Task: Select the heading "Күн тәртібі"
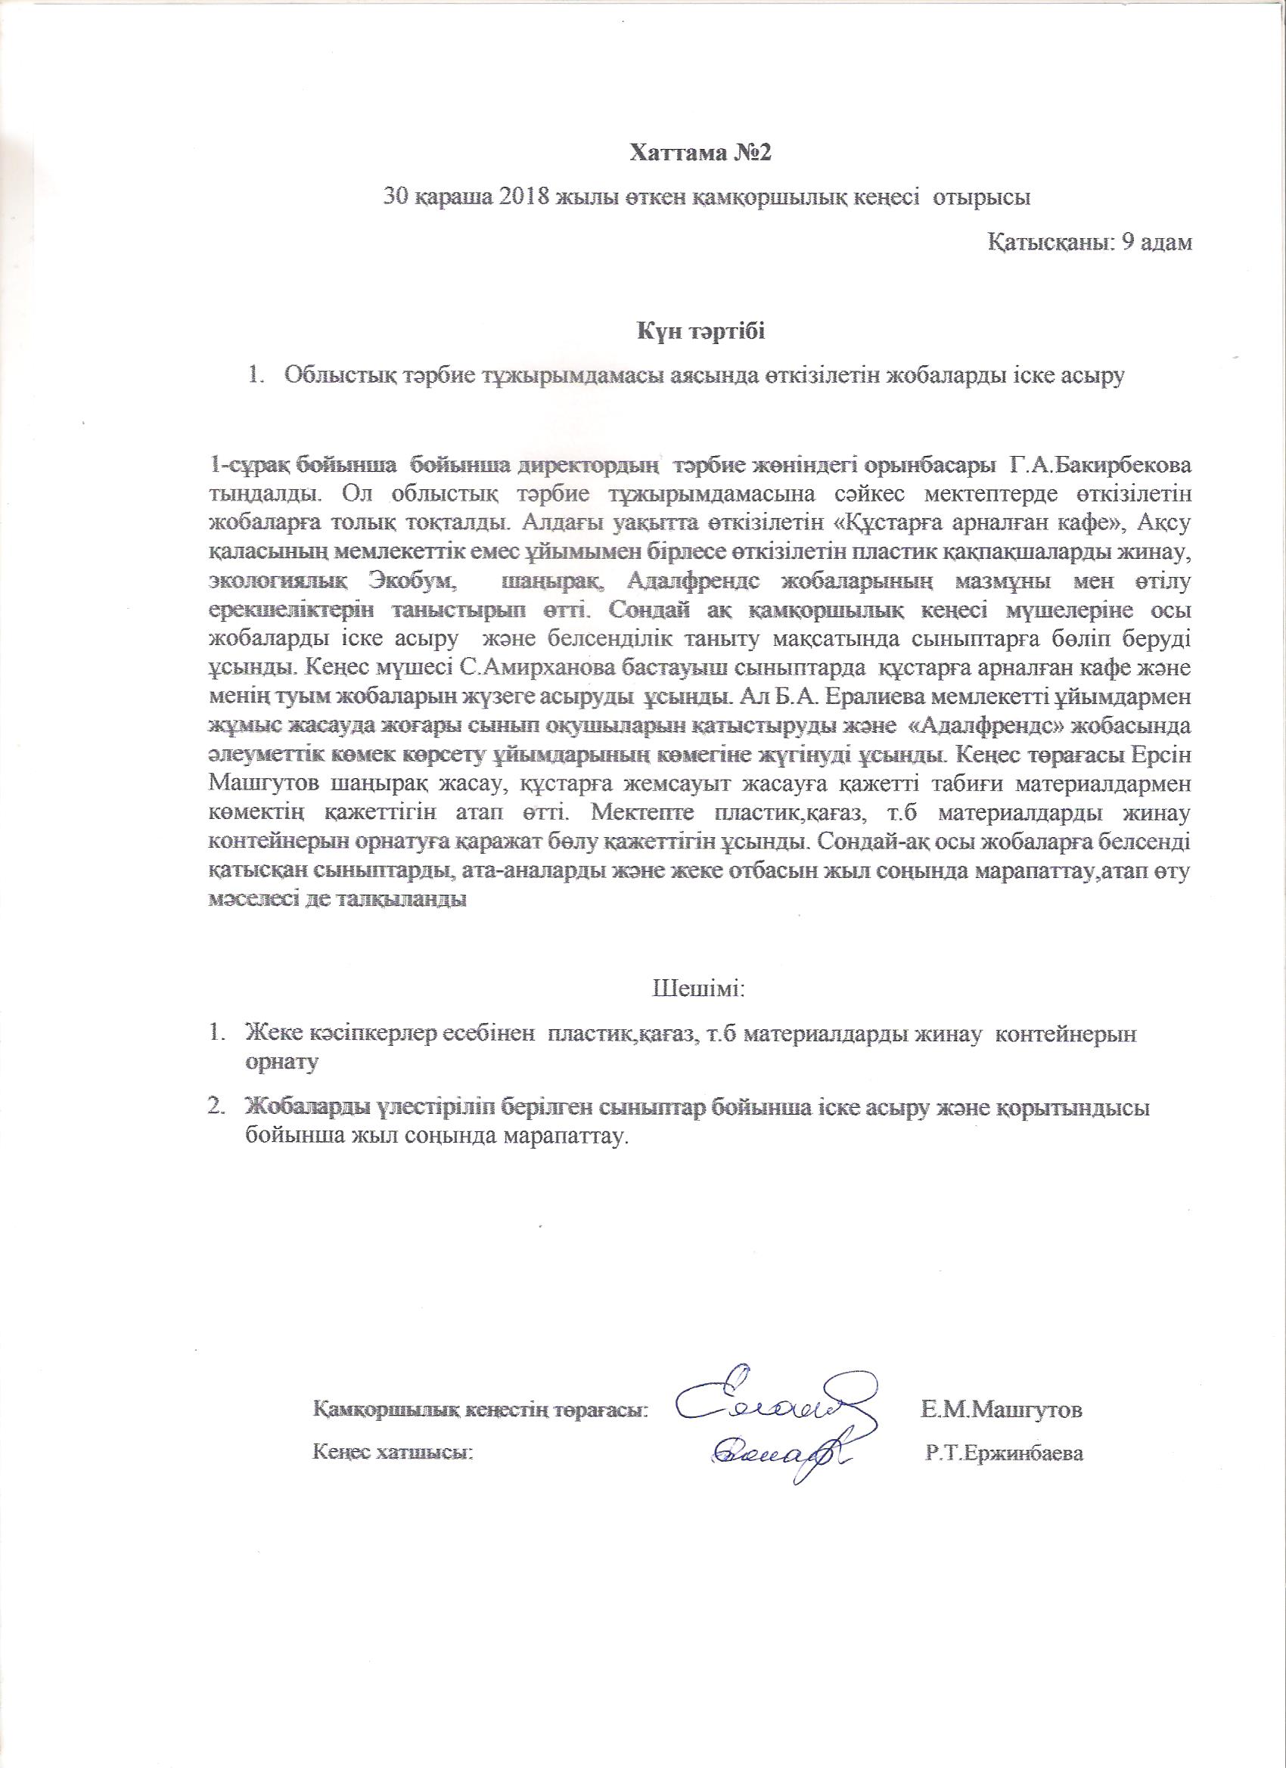pos(700,332)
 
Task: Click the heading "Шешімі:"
pos(699,989)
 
